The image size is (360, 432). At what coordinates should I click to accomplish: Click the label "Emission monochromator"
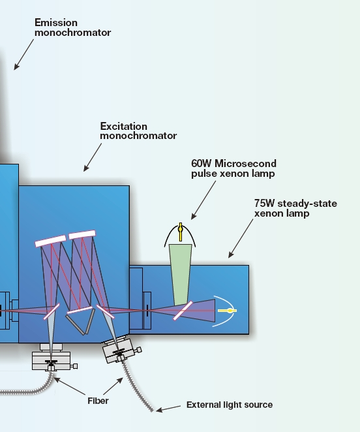coord(72,27)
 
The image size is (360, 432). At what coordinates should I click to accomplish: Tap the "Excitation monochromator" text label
coord(138,131)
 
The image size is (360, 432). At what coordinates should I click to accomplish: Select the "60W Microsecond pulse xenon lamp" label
coord(234,168)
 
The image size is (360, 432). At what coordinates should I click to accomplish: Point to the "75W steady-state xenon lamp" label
coord(295,208)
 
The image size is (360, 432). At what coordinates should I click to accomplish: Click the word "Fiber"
coord(98,401)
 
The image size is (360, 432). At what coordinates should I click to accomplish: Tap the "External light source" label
coord(230,405)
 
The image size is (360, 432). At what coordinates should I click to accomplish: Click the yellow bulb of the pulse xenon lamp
coord(181,232)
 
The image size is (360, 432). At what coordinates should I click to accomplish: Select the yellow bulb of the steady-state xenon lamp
coord(227,311)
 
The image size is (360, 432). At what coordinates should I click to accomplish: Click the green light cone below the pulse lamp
coord(181,274)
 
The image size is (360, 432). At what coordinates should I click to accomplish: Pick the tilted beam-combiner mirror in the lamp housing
coord(183,311)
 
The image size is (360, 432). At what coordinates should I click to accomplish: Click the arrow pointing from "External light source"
coord(168,409)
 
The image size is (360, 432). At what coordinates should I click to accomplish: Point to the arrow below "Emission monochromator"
coord(24,54)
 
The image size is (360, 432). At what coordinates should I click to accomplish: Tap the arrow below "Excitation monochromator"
coord(93,157)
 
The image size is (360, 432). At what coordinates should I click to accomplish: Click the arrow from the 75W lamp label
coord(241,238)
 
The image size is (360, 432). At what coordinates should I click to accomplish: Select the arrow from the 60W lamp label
coord(203,200)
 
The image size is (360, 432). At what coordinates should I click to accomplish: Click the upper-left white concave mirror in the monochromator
coord(51,241)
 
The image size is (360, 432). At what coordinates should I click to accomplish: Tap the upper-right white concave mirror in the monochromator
coord(82,235)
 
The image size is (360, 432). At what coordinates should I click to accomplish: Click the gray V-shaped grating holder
coord(81,322)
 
